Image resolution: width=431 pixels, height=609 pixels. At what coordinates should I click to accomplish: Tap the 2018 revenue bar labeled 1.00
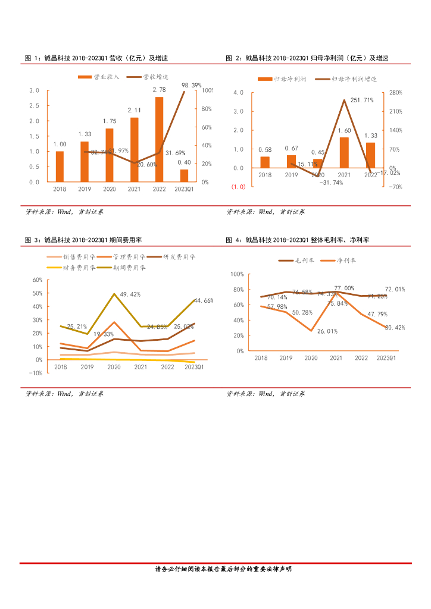coord(60,167)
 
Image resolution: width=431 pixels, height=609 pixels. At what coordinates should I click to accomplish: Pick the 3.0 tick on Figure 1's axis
coord(35,90)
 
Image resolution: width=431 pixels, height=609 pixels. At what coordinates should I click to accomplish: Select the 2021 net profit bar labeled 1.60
coord(344,152)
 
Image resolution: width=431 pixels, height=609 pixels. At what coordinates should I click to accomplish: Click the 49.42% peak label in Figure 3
coord(130,294)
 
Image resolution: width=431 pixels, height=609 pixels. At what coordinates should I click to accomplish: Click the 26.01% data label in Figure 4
coord(327,331)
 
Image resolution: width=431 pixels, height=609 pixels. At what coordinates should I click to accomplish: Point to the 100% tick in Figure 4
coord(237,274)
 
